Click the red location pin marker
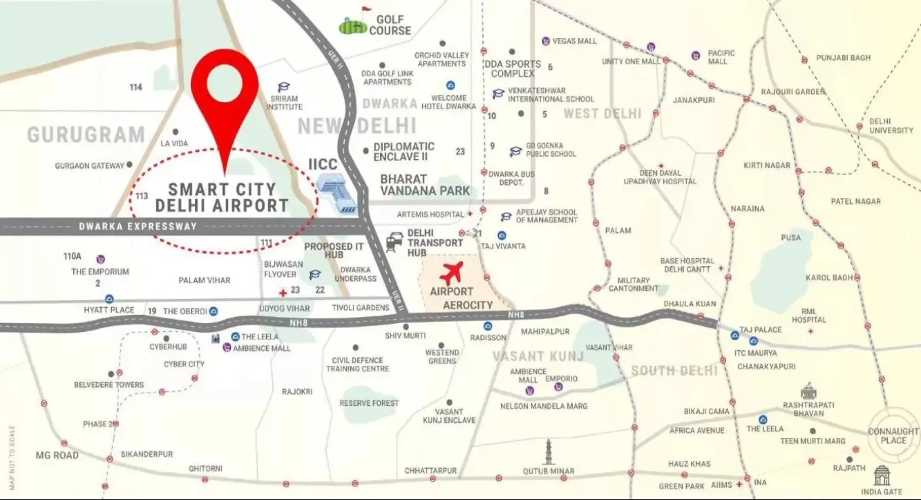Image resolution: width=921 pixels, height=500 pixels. [224, 91]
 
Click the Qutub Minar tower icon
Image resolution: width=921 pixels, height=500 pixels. [549, 452]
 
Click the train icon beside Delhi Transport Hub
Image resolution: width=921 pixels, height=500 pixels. [394, 243]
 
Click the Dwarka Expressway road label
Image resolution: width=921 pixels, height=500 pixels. [137, 226]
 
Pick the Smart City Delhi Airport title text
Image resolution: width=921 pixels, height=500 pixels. [222, 197]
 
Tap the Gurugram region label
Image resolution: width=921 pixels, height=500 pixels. [86, 134]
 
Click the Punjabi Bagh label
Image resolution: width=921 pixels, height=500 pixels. [843, 58]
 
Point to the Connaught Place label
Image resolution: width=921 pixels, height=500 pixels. [893, 436]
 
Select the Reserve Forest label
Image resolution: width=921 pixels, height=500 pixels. [369, 403]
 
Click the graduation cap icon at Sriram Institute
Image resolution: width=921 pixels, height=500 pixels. [283, 87]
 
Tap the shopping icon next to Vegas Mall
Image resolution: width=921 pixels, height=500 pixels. [545, 41]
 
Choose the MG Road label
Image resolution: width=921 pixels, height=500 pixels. [57, 455]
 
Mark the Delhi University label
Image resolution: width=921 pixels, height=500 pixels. [891, 125]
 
